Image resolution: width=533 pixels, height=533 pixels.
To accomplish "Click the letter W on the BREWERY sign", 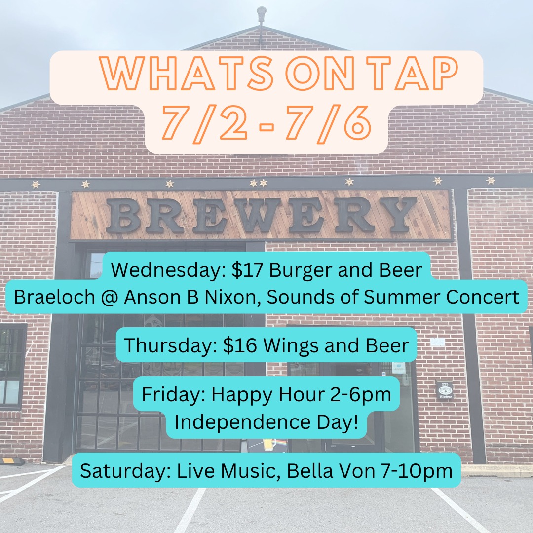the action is point(255,216).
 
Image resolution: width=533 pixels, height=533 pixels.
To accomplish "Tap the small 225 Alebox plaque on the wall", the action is point(445,390).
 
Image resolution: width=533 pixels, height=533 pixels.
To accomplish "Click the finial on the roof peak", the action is point(261,14).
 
